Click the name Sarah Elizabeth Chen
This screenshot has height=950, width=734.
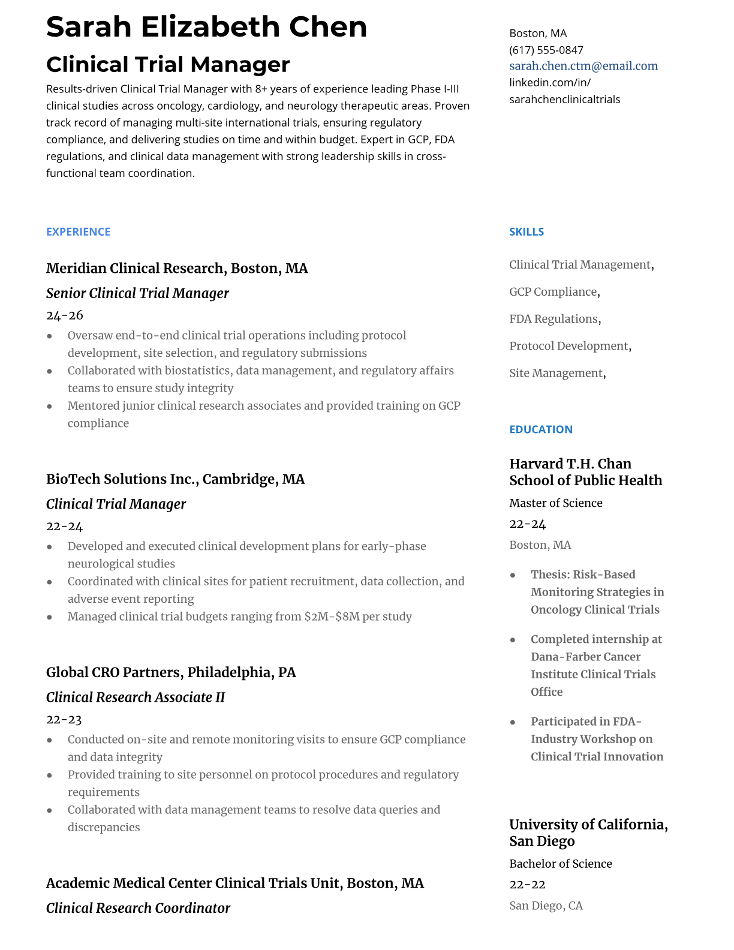206,27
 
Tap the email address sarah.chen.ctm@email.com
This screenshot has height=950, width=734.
583,66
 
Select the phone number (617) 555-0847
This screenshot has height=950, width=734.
546,50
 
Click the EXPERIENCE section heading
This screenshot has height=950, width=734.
78,232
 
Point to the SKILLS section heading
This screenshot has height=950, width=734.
527,232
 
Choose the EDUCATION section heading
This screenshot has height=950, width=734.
540,429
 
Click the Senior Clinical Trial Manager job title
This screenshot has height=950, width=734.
137,293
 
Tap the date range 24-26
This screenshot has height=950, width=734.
64,315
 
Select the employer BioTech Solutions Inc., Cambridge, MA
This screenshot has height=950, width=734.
175,479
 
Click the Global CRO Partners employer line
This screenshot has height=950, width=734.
171,672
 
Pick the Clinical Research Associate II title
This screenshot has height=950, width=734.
136,698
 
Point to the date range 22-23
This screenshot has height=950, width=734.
64,720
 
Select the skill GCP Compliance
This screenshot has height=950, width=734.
553,292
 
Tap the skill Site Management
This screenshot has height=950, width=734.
556,373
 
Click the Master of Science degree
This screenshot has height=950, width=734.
555,503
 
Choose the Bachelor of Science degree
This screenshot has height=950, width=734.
560,864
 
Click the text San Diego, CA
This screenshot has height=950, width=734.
546,906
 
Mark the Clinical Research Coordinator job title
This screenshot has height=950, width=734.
138,908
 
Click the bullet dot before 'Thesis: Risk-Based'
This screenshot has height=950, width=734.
513,575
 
